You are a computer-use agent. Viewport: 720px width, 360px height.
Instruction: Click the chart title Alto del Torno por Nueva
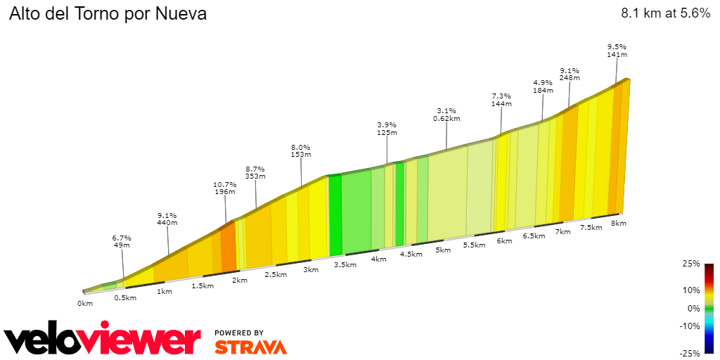[x=108, y=14]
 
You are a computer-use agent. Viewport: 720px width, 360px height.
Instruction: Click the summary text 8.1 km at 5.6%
[x=665, y=14]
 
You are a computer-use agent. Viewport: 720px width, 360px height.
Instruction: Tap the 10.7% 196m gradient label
[x=225, y=188]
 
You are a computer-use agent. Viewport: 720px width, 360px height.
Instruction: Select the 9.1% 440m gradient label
[x=167, y=219]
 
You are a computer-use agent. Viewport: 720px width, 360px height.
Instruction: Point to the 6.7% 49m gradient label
[x=122, y=241]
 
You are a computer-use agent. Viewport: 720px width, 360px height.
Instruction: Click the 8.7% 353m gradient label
[x=255, y=173]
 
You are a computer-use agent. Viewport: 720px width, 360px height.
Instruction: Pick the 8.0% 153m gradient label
[x=301, y=150]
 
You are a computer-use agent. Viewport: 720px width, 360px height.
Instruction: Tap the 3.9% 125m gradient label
[x=387, y=128]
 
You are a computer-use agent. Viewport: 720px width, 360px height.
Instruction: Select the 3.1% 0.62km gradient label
[x=446, y=115]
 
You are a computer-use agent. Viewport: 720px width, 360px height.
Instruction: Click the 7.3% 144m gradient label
[x=501, y=99]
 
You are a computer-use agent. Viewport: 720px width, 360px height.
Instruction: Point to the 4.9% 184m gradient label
[x=543, y=86]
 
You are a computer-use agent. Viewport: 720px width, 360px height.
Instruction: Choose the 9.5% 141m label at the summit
[x=617, y=50]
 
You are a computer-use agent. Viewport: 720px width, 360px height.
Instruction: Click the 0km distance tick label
[x=85, y=304]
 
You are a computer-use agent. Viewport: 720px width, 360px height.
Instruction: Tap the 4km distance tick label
[x=379, y=259]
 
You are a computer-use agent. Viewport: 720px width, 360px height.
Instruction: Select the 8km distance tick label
[x=618, y=224]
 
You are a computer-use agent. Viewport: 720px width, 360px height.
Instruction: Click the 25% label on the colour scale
[x=691, y=264]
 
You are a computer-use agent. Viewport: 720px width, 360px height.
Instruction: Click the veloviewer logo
[x=102, y=340]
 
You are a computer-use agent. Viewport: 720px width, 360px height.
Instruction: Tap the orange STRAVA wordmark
[x=250, y=347]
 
